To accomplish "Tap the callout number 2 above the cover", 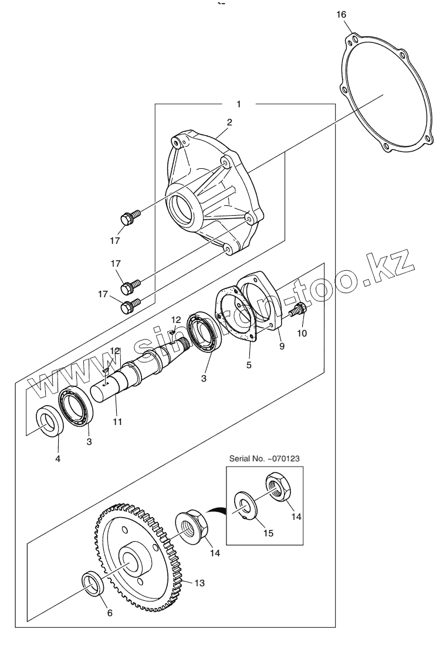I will (229, 123).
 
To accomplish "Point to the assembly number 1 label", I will (238, 104).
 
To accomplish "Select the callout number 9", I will (281, 346).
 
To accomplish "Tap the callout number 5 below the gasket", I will (249, 365).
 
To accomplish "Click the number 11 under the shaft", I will (118, 421).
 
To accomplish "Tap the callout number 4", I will (58, 458).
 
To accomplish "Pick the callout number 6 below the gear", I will (109, 613).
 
